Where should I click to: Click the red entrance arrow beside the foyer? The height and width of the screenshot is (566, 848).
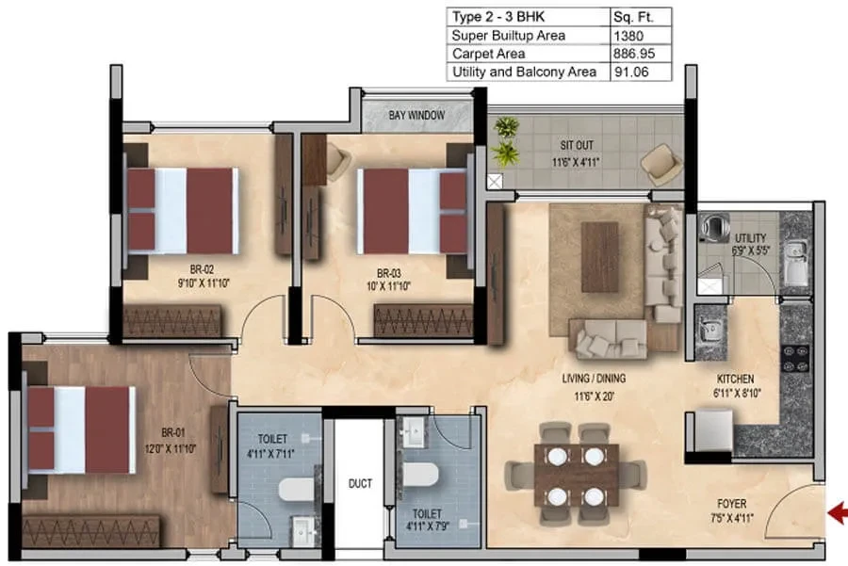(838, 513)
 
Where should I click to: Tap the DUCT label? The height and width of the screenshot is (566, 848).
(360, 483)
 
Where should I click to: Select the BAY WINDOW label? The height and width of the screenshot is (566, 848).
(416, 115)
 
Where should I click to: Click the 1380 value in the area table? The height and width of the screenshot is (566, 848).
(628, 36)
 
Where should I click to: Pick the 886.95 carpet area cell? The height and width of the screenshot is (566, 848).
(634, 54)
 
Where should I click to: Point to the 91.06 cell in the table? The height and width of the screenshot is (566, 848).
(631, 72)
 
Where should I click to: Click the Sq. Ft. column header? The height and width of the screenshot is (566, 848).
(633, 17)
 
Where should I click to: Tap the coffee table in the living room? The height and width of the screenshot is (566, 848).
(600, 257)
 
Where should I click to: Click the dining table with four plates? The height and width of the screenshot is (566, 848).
(576, 476)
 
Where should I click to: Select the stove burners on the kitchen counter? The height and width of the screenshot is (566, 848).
(796, 358)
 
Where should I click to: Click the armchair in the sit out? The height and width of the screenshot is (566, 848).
(660, 165)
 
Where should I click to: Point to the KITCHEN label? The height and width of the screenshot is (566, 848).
(735, 379)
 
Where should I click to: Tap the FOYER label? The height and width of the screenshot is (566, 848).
(732, 503)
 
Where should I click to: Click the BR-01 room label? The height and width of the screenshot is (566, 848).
(173, 432)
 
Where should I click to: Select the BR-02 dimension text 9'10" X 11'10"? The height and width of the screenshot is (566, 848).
(204, 283)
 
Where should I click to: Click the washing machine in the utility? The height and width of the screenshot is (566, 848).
(714, 227)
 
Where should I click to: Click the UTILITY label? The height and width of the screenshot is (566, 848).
(750, 238)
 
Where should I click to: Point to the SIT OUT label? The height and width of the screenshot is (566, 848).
(577, 145)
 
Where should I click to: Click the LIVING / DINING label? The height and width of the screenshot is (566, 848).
(594, 379)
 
